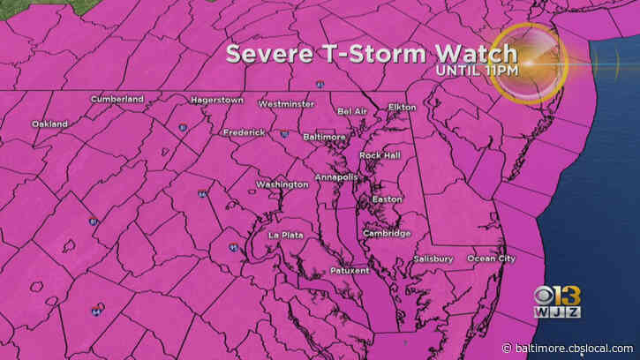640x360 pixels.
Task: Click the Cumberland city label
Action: tap(117, 100)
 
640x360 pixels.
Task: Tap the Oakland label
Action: tap(49, 124)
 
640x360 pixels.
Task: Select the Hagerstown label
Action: tap(216, 101)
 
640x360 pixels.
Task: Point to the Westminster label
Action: tap(285, 104)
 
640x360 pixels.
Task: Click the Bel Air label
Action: tap(351, 111)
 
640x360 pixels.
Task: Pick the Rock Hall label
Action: tap(379, 155)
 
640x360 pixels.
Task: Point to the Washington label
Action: tap(282, 184)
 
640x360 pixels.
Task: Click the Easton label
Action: tap(387, 199)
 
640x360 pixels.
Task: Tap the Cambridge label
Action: tap(386, 234)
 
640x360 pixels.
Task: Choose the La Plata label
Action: tap(285, 235)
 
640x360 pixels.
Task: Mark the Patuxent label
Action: tap(348, 270)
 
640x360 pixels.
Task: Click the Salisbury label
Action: tap(433, 259)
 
